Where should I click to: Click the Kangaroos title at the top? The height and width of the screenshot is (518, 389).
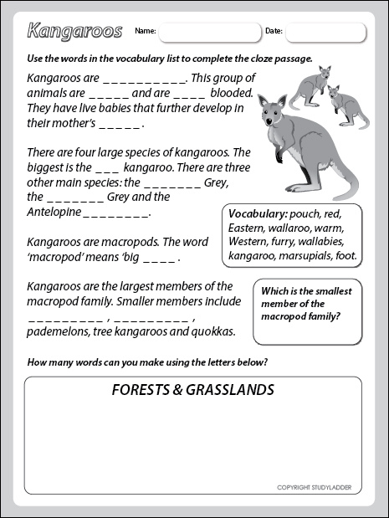coord(74,31)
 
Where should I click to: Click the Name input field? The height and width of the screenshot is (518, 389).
coord(208,32)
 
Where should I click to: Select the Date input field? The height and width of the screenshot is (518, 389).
coord(325,32)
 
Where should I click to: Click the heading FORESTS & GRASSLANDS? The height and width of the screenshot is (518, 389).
coord(193,389)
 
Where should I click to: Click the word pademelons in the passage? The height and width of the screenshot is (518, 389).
coord(59,331)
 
